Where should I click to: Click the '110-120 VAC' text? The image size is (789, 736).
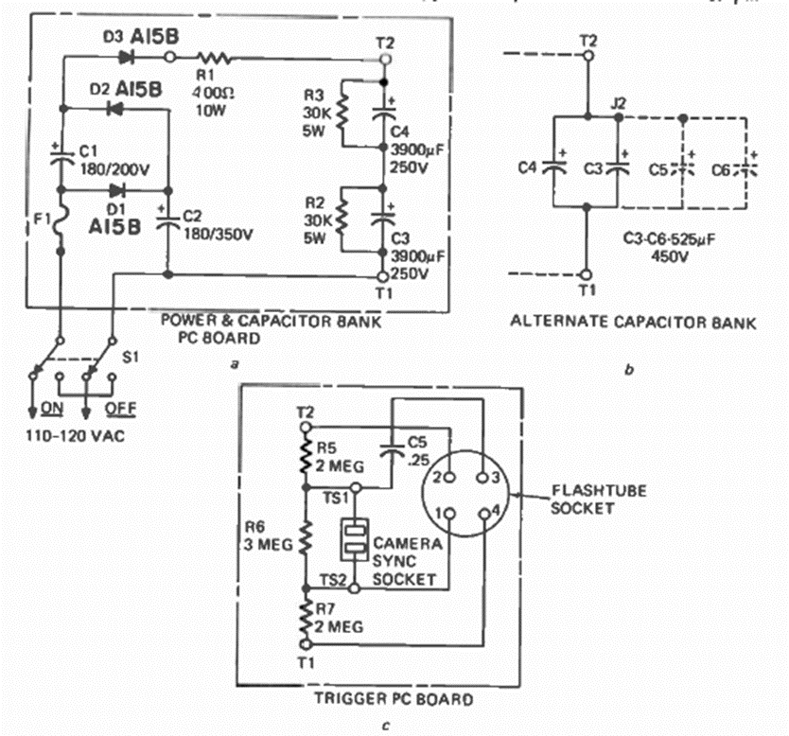pos(65,437)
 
